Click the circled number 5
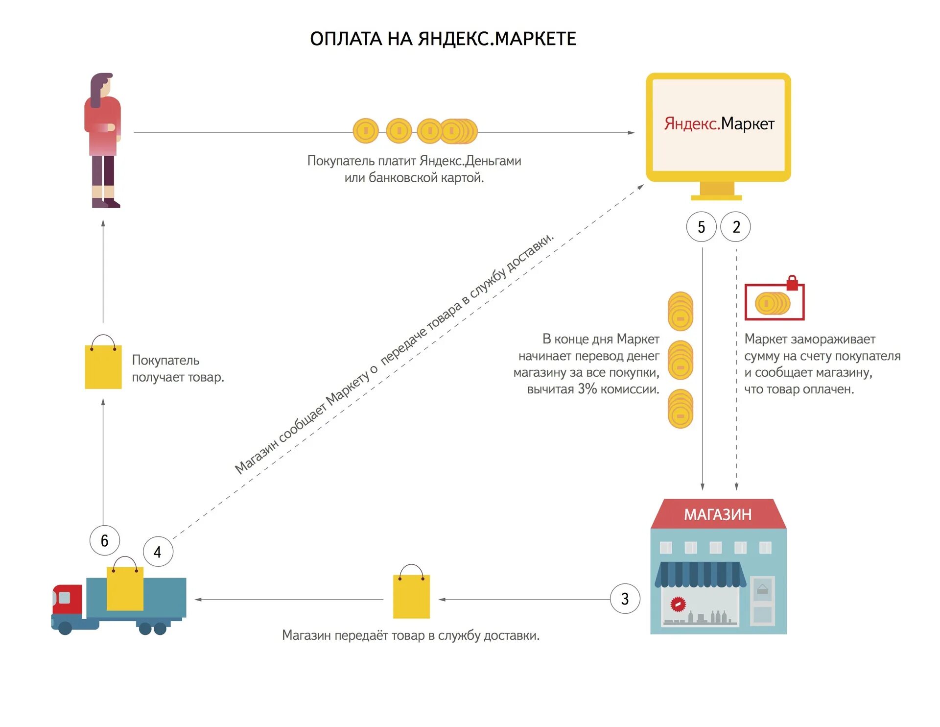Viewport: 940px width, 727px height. [701, 227]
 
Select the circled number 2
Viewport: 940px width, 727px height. [736, 227]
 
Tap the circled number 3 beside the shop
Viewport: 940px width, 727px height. [625, 599]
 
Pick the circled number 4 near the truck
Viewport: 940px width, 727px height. [158, 552]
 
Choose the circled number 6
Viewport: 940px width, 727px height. [104, 540]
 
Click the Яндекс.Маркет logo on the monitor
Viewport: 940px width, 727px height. [719, 123]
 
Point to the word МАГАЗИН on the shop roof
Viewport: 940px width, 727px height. [717, 514]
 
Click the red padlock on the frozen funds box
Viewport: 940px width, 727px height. [792, 283]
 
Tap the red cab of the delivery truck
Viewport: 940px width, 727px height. [67, 600]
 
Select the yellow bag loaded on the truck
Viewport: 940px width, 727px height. [125, 588]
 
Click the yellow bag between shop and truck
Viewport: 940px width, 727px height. [411, 596]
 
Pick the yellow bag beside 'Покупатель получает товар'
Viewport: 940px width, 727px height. [103, 366]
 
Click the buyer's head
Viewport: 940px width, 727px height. [102, 86]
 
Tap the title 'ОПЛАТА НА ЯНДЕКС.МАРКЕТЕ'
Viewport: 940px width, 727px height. [443, 39]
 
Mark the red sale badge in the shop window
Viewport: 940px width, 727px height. [678, 605]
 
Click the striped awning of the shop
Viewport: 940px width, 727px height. [700, 574]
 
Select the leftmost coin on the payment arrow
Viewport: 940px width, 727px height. [366, 131]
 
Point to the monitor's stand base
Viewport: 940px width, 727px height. [716, 197]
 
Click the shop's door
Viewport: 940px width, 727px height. [762, 602]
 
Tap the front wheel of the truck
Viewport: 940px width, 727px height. [65, 628]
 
